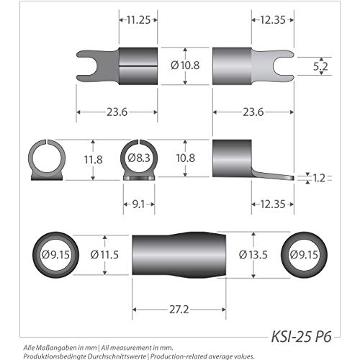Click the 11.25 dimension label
click(138, 20)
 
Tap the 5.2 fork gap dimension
click(320, 66)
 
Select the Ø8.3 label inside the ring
click(139, 158)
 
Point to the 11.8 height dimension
click(93, 160)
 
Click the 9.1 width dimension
click(138, 204)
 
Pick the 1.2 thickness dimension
click(319, 178)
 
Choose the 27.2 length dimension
click(179, 310)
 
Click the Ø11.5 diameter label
click(104, 255)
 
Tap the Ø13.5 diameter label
click(253, 255)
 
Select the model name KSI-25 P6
click(302, 336)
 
